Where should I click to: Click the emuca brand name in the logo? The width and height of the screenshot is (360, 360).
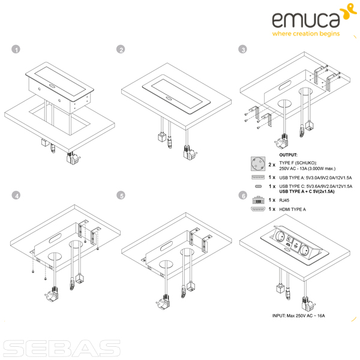pos(306,20)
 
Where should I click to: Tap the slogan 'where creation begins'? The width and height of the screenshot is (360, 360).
pos(306,34)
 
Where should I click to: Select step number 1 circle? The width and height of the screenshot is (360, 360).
pos(16,49)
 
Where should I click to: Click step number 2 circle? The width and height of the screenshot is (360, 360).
pos(121,49)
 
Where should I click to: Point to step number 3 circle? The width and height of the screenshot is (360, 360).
pos(242,49)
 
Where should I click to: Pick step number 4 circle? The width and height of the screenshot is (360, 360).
pos(16,196)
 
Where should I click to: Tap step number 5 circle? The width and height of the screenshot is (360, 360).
pos(121,196)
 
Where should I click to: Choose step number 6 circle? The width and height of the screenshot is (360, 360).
pos(243,196)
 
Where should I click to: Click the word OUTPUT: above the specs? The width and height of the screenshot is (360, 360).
pos(288,155)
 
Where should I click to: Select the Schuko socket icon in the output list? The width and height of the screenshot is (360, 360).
pos(258,164)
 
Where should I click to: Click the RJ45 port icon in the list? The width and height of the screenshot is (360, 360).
pos(258,200)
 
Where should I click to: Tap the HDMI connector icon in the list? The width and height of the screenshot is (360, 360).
pos(258,209)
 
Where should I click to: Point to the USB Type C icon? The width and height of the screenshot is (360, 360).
pos(258,187)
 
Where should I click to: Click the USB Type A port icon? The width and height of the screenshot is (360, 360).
pos(258,177)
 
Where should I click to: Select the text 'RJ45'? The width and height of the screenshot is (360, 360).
pos(284,200)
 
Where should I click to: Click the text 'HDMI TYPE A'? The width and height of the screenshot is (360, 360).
pos(293,209)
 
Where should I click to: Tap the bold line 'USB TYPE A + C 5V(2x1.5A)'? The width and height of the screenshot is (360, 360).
pos(307,192)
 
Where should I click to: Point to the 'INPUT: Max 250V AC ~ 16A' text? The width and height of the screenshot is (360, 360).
pos(298,316)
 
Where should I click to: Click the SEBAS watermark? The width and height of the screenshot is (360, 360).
pos(62,348)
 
